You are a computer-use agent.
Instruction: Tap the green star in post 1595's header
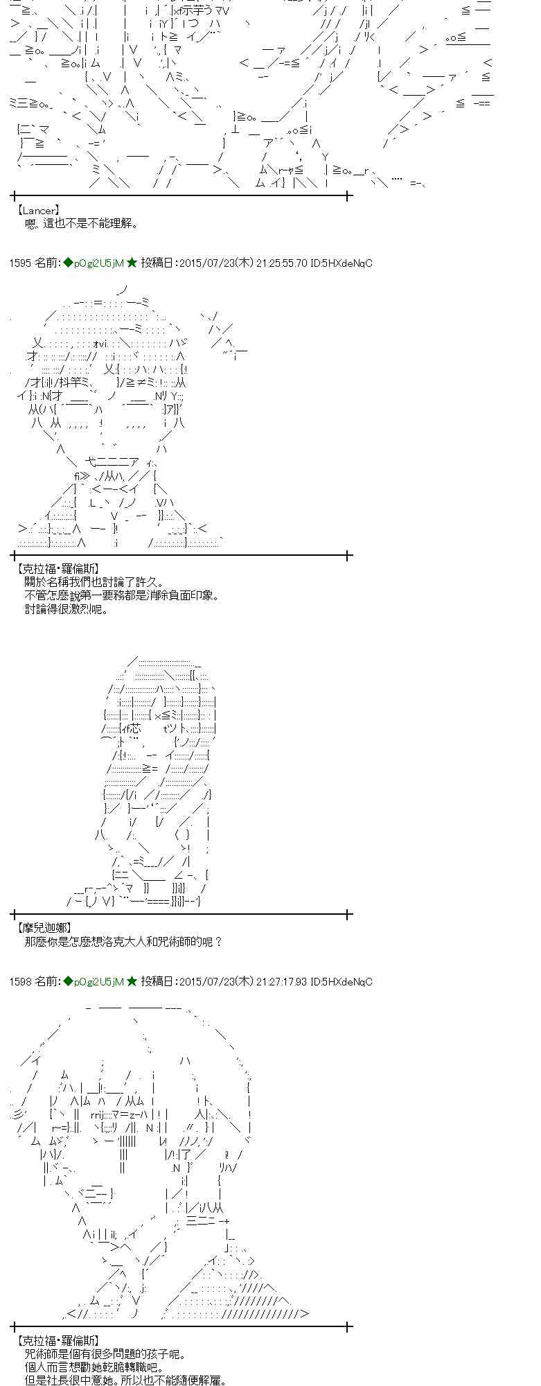(132, 263)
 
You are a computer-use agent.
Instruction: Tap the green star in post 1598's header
(132, 981)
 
